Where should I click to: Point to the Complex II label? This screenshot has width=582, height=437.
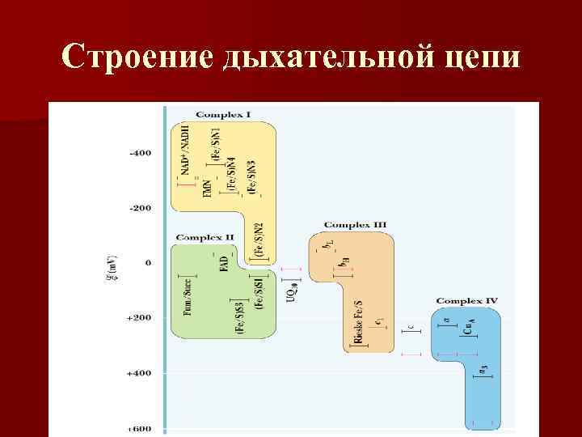point(205,237)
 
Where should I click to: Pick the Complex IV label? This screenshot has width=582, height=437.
point(466,300)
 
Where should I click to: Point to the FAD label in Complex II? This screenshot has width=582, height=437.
point(224,265)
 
